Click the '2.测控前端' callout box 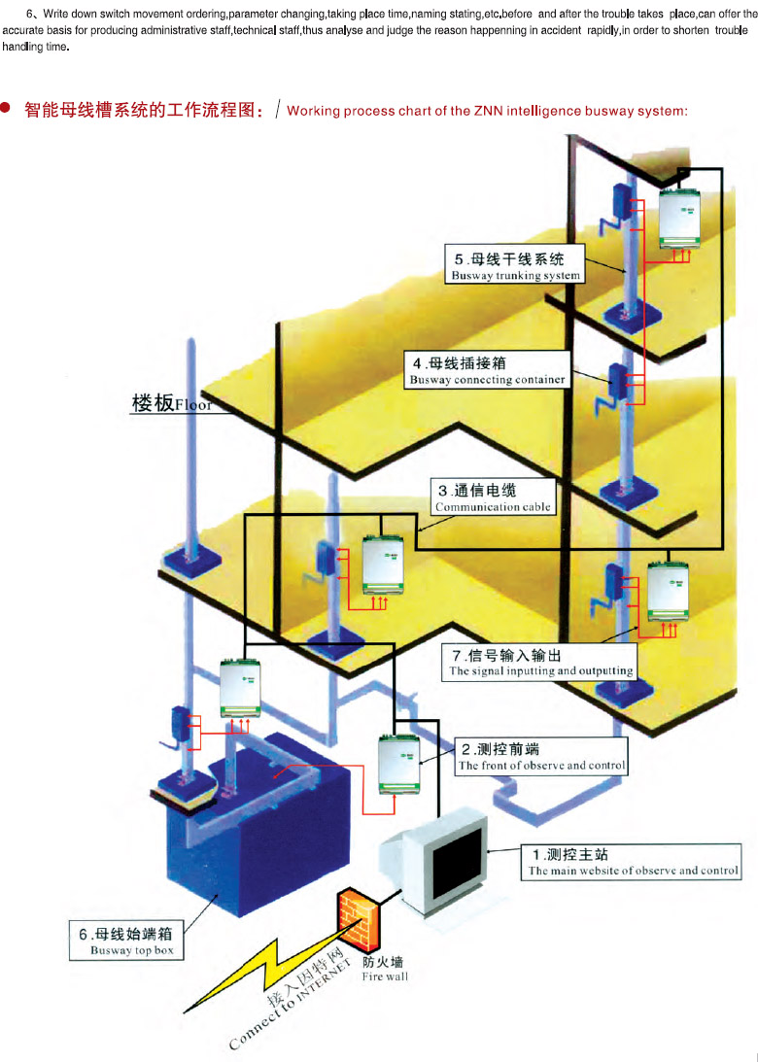[x=541, y=757]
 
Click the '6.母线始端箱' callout [x=125, y=942]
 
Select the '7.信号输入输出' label [x=540, y=662]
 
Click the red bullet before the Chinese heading [x=9, y=110]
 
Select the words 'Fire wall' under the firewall [x=384, y=976]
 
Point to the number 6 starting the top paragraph [x=29, y=15]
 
